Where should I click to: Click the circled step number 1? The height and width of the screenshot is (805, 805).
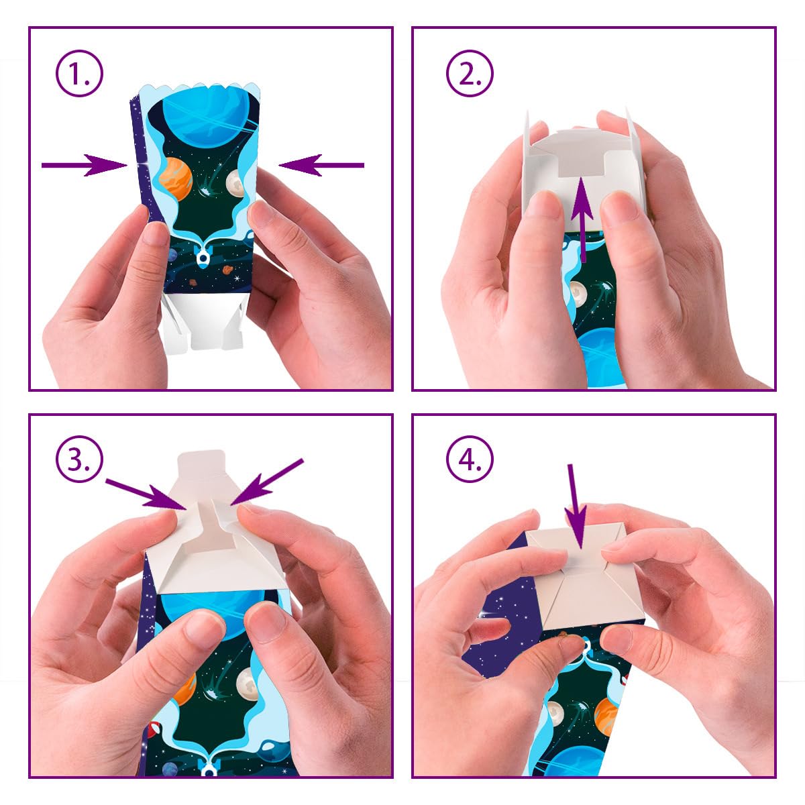[79, 74]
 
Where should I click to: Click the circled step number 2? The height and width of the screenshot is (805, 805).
[470, 74]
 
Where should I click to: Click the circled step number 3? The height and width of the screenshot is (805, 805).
[79, 460]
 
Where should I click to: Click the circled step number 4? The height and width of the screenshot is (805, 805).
[470, 460]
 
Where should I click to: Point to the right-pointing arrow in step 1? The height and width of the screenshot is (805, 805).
[85, 165]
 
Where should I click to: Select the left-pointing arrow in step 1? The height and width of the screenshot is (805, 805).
[321, 165]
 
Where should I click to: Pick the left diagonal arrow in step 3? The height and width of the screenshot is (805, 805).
[147, 494]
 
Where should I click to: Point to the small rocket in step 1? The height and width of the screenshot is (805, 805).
[203, 255]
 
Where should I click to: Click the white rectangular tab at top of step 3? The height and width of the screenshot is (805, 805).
[201, 464]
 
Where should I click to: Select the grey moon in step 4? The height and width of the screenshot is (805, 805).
[555, 712]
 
